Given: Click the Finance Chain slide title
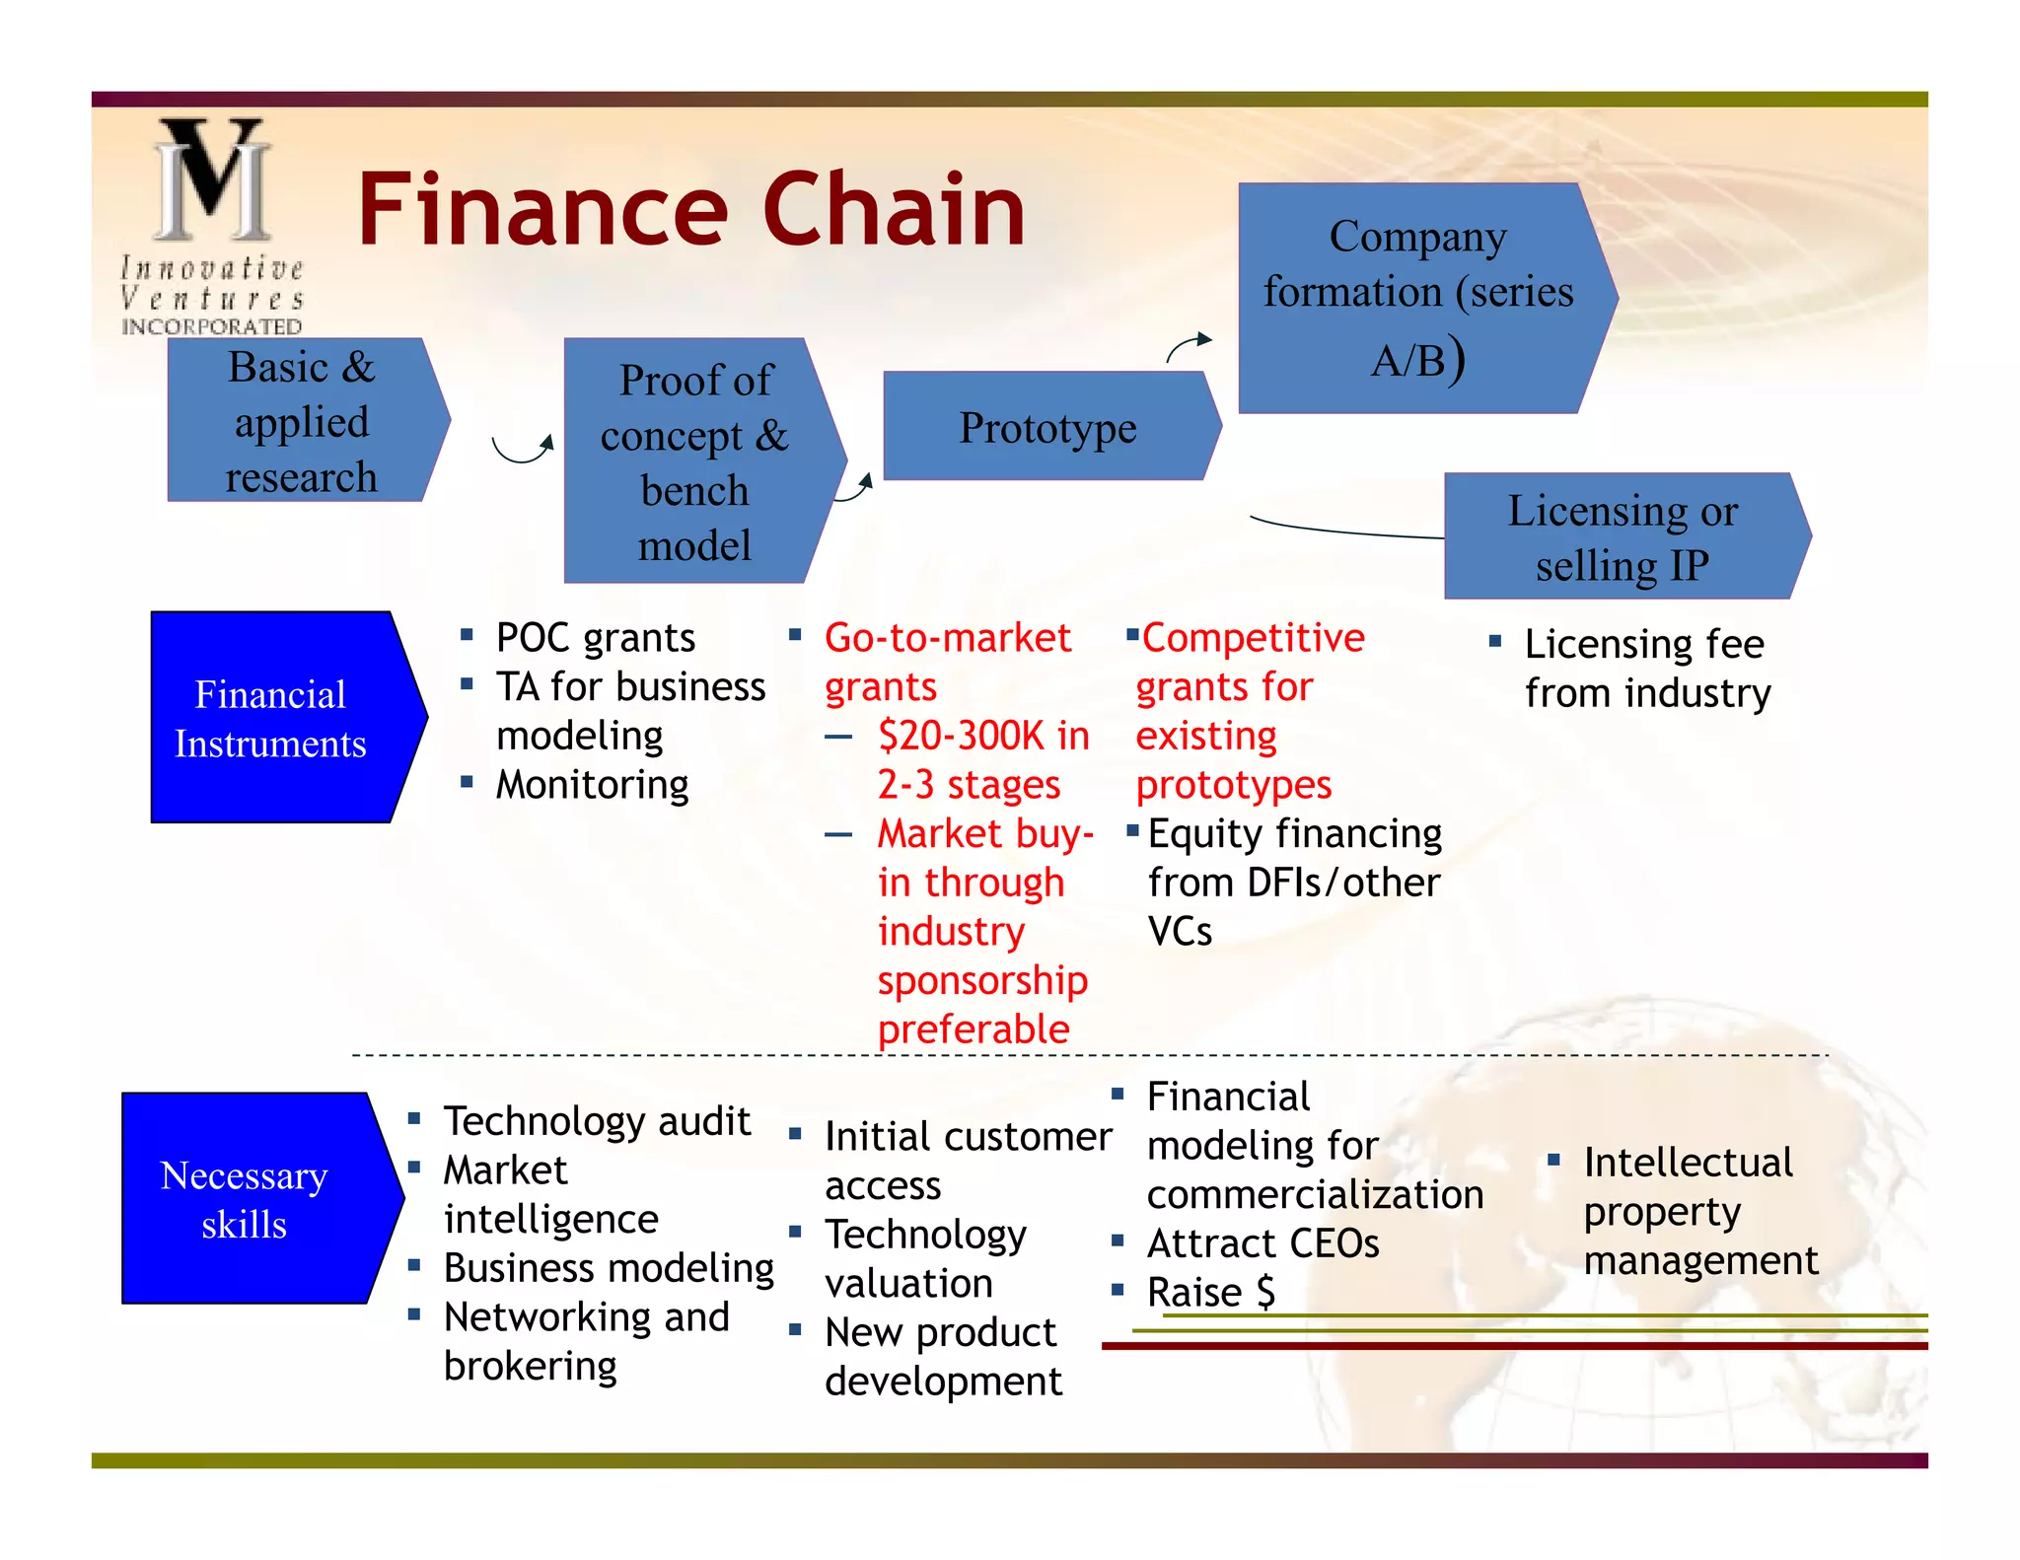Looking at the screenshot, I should coord(690,209).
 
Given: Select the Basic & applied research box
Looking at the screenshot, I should coord(301,421).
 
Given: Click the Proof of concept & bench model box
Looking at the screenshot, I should coord(694,461).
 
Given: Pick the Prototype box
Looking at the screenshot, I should coord(1047,427).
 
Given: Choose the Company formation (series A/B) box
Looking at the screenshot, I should coord(1417,297).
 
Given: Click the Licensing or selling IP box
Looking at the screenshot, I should coord(1622,537).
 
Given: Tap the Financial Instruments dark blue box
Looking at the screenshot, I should coord(271,718).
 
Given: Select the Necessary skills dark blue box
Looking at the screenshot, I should coord(246,1199).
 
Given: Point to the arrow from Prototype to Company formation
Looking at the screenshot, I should coord(1188,346).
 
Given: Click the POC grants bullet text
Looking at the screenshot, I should coord(596,638).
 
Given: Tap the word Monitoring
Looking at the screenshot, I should coord(592,785).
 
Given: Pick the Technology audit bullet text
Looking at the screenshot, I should coord(597,1121).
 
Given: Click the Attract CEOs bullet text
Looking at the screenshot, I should coord(1262,1243).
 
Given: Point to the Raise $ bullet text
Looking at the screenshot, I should coord(1210,1293).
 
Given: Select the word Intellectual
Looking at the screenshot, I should coord(1688,1163).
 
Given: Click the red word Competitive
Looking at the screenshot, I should coord(1253,638).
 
